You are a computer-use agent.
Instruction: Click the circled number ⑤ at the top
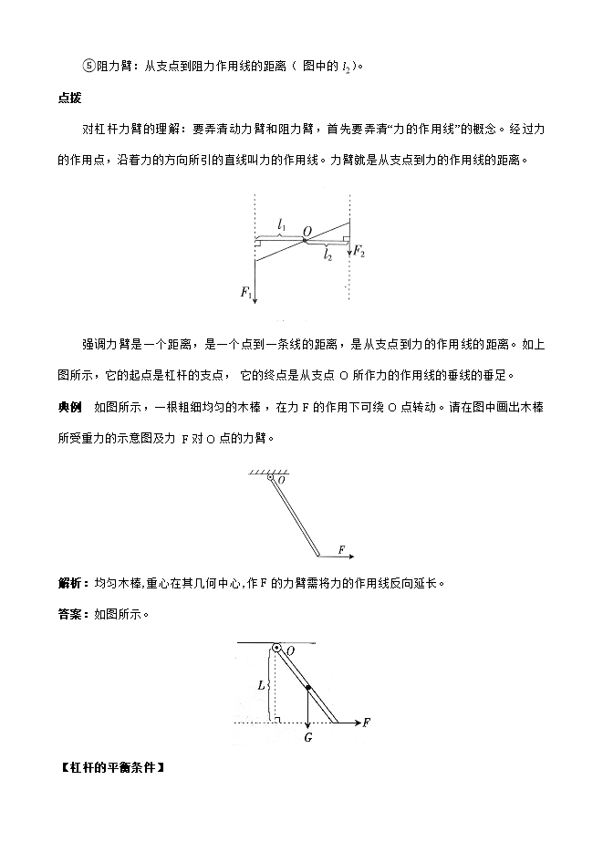[x=88, y=65]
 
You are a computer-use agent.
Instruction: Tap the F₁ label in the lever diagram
[x=245, y=293]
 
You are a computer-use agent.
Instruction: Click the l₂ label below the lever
[x=326, y=256]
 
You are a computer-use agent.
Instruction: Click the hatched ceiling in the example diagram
[x=263, y=473]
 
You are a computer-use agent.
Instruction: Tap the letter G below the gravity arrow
[x=308, y=737]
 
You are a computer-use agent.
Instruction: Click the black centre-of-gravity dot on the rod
[x=308, y=687]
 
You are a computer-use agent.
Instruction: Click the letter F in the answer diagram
[x=366, y=723]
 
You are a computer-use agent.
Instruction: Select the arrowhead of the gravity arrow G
[x=308, y=721]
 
